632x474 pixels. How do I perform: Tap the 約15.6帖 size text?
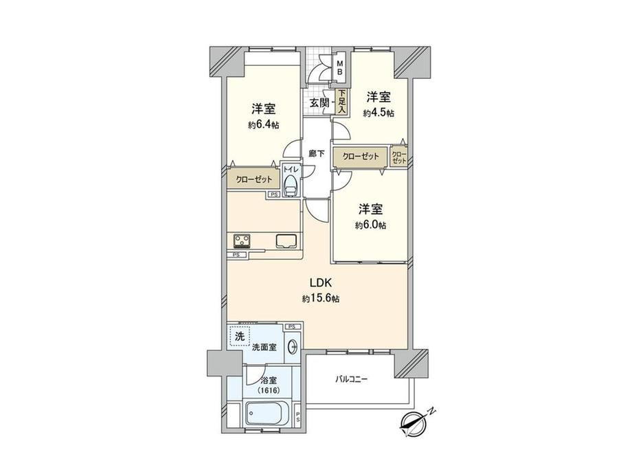pyautogui.click(x=320, y=299)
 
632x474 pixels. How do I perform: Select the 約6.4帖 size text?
pyautogui.click(x=264, y=125)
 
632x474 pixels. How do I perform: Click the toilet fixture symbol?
pyautogui.click(x=291, y=183)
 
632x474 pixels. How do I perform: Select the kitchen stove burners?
pyautogui.click(x=243, y=241)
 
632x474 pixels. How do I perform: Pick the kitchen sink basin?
pyautogui.click(x=286, y=241)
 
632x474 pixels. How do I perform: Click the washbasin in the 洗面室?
pyautogui.click(x=293, y=346)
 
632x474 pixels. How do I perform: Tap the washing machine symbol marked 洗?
pyautogui.click(x=240, y=337)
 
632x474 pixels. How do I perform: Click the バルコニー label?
pyautogui.click(x=352, y=379)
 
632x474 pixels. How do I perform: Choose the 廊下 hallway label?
pyautogui.click(x=316, y=153)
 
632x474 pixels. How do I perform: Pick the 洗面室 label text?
pyautogui.click(x=264, y=348)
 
